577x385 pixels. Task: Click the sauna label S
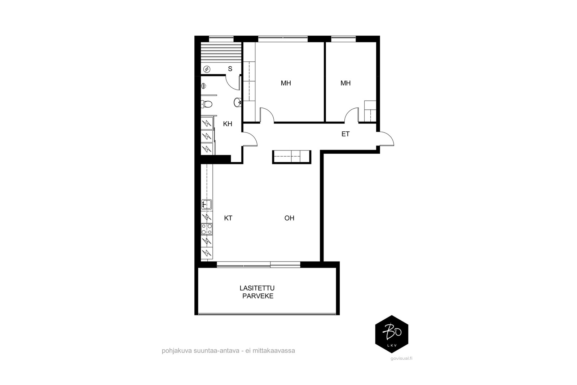[230, 69]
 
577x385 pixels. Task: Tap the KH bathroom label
[228, 124]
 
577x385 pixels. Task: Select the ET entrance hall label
[345, 134]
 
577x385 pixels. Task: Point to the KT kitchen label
[228, 218]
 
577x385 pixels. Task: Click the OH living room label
[289, 218]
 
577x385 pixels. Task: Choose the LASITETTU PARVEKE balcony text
[257, 292]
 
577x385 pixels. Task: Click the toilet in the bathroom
[207, 104]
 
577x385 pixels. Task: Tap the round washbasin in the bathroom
[238, 102]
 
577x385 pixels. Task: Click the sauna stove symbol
[207, 69]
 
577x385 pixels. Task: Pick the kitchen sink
[207, 204]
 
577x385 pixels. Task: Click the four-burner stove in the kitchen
[207, 229]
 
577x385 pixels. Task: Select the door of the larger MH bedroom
[267, 115]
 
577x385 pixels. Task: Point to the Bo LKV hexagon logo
[392, 334]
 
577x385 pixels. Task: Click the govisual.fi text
[401, 358]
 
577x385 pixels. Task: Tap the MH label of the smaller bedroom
[345, 83]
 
